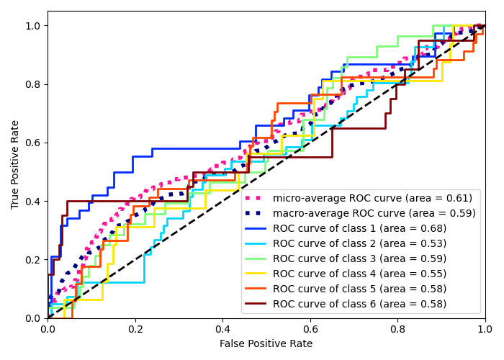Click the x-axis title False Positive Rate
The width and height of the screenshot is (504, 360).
[266, 344]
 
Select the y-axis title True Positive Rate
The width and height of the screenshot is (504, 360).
[16, 164]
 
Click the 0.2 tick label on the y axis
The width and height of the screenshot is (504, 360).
[33, 260]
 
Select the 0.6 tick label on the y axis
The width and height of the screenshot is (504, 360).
[33, 143]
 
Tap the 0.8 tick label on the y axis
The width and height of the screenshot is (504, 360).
[33, 84]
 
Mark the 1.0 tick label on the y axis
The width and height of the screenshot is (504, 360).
[33, 26]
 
